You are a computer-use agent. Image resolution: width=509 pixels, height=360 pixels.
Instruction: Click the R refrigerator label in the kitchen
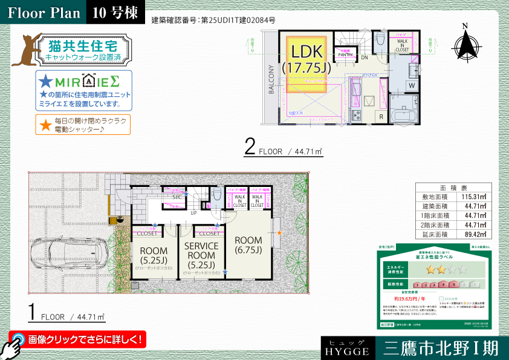pos(381,116)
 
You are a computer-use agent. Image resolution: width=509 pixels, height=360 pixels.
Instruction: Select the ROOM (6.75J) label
pos(248,245)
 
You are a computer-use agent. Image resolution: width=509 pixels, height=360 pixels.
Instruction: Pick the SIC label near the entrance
pos(178,197)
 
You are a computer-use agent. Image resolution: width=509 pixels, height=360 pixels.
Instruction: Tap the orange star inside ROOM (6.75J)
pos(279,232)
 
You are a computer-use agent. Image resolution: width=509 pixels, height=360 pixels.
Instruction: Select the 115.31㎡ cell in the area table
pos(470,197)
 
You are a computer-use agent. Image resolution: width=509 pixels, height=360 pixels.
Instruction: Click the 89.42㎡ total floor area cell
pos(470,234)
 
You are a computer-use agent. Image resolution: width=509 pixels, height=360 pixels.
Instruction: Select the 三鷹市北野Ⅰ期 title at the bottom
pos(440,349)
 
